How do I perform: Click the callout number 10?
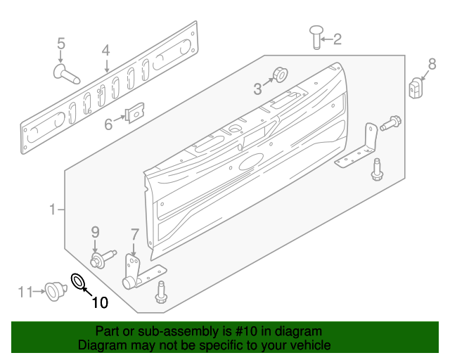tap(100, 303)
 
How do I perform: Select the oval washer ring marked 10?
tap(78, 283)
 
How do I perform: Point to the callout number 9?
tap(95, 232)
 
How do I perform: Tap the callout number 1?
tap(52, 210)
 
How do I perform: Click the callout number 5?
tap(60, 42)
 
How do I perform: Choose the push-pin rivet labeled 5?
tap(65, 72)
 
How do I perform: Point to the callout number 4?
tap(105, 51)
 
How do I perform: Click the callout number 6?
tap(108, 124)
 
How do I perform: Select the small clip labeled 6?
tap(134, 112)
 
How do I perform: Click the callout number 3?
tap(257, 88)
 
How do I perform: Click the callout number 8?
tap(432, 64)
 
